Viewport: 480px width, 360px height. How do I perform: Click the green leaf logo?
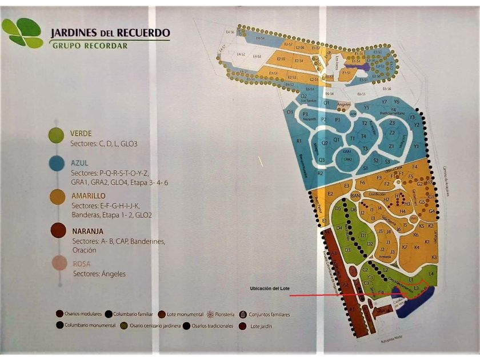[23, 33]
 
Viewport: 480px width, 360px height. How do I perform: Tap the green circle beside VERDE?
[56, 135]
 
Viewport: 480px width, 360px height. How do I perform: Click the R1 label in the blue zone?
[298, 141]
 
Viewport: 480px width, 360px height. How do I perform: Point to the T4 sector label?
[363, 136]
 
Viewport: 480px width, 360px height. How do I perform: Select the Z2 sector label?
[392, 133]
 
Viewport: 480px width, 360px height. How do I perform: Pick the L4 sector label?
[431, 275]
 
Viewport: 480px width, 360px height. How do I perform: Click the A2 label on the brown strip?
[345, 284]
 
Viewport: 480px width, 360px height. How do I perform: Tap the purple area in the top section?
[360, 67]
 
